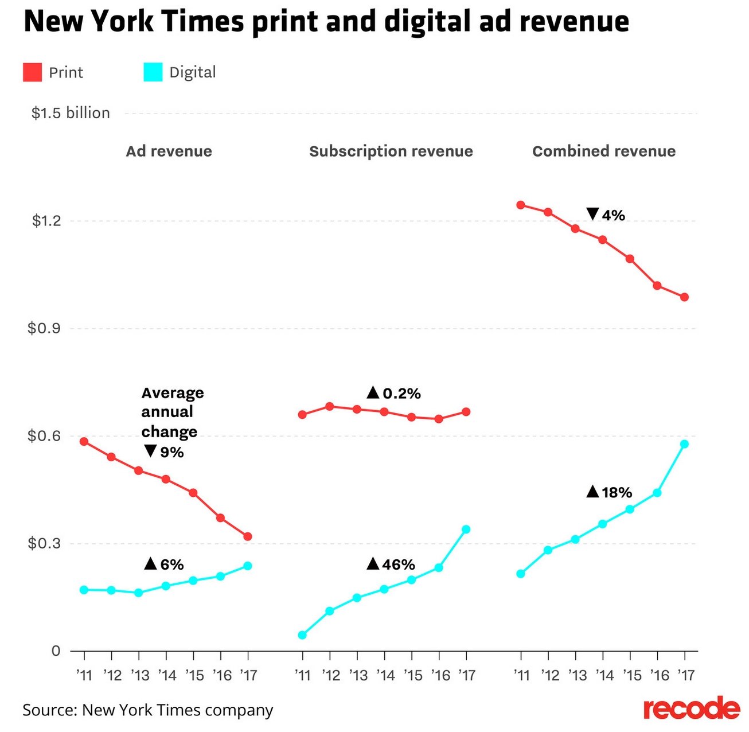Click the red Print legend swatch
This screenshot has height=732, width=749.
click(x=32, y=72)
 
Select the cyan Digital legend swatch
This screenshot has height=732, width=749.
click(x=153, y=72)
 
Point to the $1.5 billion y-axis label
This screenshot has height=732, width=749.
click(x=71, y=113)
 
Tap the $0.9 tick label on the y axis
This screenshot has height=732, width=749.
click(x=44, y=329)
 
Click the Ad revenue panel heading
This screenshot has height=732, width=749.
click(x=169, y=151)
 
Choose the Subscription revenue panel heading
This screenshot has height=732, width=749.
click(x=391, y=151)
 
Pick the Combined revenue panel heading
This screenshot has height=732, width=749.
click(x=604, y=151)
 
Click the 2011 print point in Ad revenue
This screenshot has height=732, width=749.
click(x=84, y=442)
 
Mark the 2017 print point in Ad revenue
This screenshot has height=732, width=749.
click(x=248, y=537)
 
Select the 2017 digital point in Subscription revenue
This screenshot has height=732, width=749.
click(x=466, y=529)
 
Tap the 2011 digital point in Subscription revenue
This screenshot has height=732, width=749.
click(x=302, y=635)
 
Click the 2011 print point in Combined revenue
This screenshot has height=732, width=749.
click(x=521, y=205)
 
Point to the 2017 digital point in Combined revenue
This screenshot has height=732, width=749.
click(x=684, y=444)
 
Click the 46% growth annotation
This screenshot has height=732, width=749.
click(x=391, y=565)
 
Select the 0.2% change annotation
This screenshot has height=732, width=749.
click(x=394, y=394)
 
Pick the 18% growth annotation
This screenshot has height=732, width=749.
click(x=610, y=492)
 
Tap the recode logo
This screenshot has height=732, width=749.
click(x=691, y=709)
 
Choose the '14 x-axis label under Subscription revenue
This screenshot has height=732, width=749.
click(x=385, y=676)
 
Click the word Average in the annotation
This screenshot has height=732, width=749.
click(x=173, y=393)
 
